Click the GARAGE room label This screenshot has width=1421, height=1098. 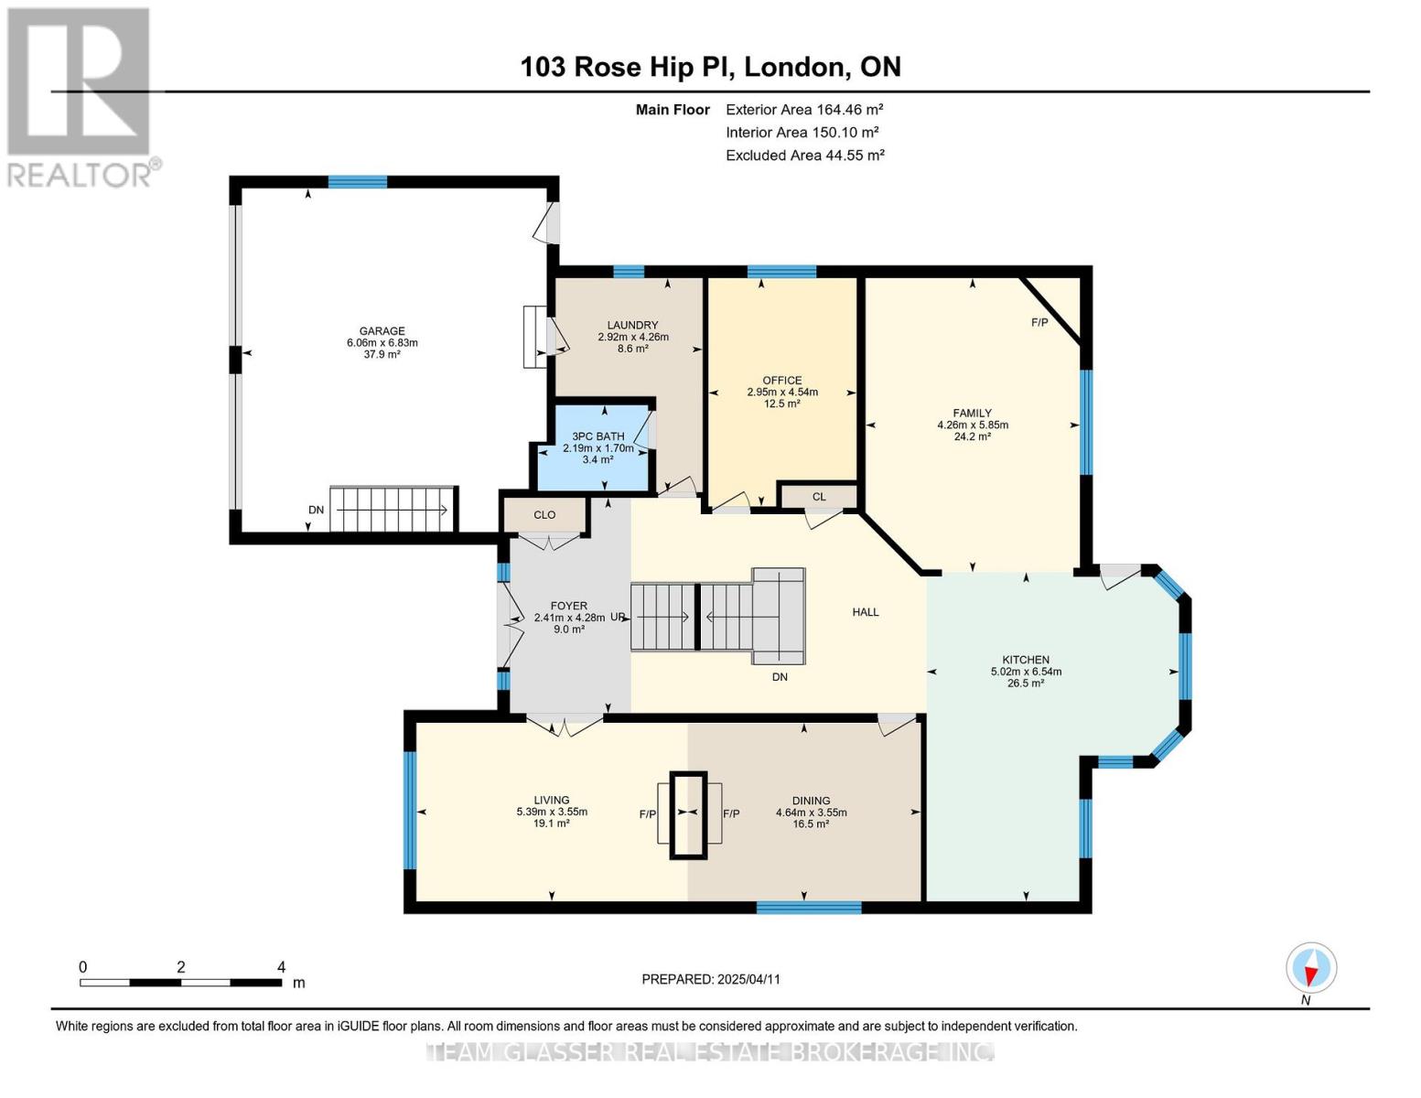382,331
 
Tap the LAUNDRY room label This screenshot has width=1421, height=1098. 632,325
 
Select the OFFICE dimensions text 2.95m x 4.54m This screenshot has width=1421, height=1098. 782,393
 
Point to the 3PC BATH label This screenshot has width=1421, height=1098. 597,436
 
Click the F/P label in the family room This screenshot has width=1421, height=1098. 1039,323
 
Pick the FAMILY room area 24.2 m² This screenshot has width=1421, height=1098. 972,437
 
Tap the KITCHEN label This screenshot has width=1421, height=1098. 1026,660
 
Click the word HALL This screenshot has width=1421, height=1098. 866,612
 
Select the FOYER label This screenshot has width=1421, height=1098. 568,606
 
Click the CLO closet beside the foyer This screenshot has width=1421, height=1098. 544,515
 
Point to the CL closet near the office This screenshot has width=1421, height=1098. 819,497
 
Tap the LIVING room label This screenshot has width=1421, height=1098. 552,800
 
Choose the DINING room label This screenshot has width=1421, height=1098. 811,801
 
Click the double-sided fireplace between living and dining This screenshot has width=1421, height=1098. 688,814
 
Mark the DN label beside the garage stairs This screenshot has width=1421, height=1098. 316,510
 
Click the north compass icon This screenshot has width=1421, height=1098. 1311,968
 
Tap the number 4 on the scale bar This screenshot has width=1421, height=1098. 281,967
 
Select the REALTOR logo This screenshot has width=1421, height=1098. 81,97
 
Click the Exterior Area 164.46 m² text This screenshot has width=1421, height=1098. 804,109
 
